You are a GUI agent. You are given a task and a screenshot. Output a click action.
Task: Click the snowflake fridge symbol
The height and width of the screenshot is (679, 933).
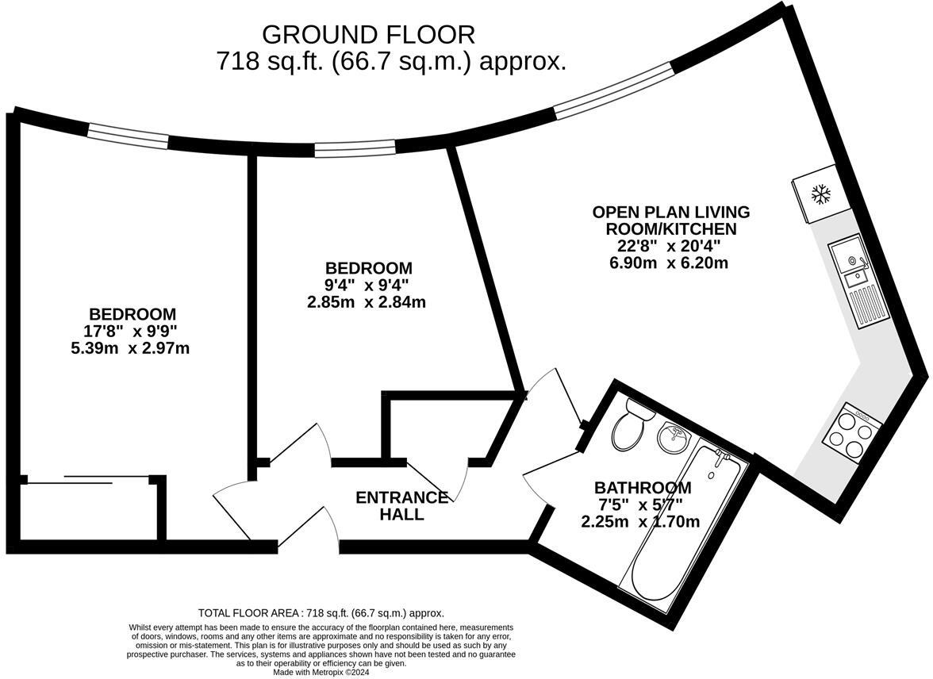(822, 194)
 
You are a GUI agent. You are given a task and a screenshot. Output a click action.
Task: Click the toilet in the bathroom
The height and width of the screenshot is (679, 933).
(630, 424)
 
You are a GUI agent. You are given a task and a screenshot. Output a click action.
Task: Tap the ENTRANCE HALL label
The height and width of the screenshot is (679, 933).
(401, 506)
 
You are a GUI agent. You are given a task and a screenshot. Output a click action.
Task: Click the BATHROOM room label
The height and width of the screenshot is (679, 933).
(643, 488)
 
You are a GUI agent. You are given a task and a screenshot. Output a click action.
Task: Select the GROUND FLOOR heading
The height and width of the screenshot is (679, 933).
(368, 35)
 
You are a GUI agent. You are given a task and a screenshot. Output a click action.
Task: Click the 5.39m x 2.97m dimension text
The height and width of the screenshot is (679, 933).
(130, 348)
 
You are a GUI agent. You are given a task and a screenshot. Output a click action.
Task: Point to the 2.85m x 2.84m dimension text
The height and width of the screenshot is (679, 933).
(366, 302)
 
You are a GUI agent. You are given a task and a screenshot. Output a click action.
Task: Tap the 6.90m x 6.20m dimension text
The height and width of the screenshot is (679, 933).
(669, 263)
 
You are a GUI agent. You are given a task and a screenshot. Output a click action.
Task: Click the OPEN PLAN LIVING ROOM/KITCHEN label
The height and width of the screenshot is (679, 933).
(671, 221)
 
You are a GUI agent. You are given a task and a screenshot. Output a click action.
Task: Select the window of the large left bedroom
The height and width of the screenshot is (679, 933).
(129, 137)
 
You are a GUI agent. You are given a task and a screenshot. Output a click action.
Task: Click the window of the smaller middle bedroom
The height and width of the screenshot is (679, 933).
(355, 149)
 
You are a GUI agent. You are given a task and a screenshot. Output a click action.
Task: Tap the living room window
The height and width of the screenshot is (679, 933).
(614, 91)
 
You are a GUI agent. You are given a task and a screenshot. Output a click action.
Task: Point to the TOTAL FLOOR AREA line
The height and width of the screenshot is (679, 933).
(321, 613)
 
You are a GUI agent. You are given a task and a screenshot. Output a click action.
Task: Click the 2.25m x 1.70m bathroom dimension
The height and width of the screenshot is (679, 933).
(640, 523)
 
